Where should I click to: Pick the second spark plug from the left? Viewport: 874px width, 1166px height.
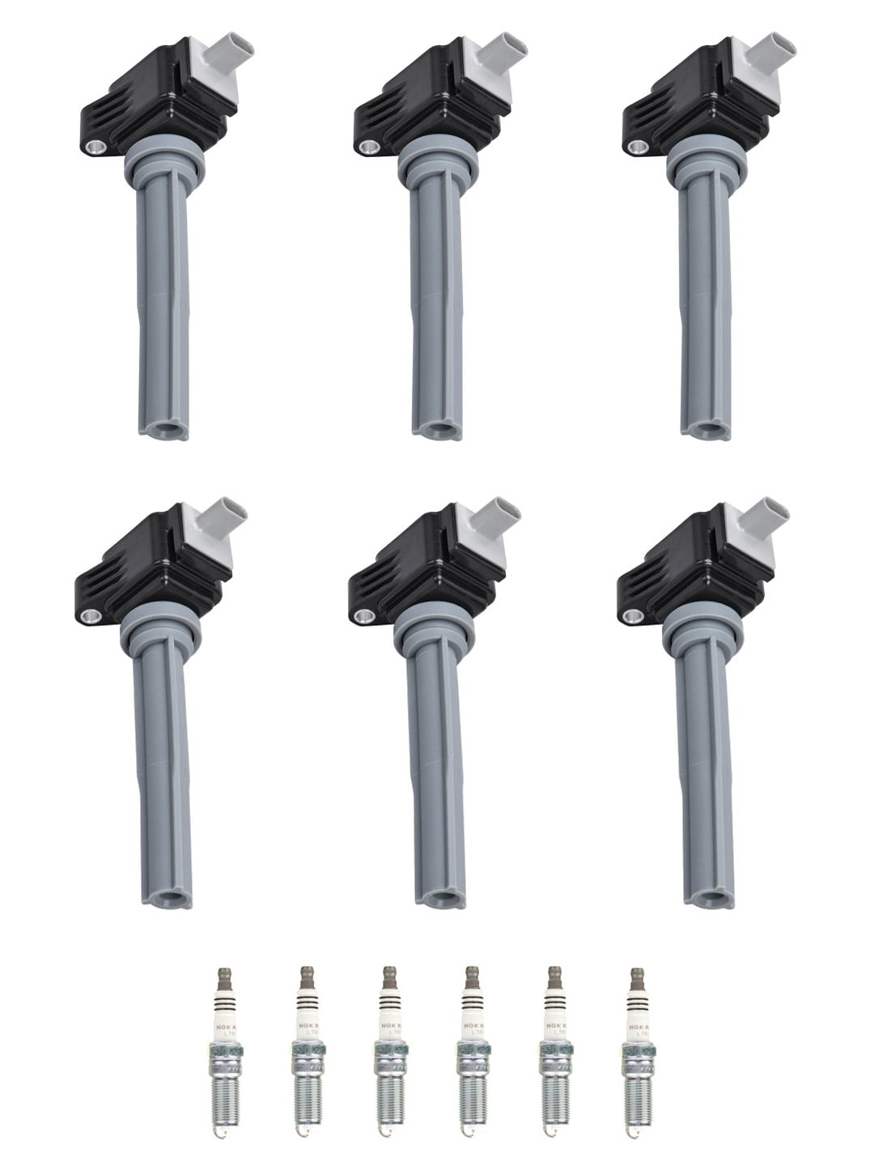tap(303, 1053)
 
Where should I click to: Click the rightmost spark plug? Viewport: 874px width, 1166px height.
tap(635, 1053)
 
